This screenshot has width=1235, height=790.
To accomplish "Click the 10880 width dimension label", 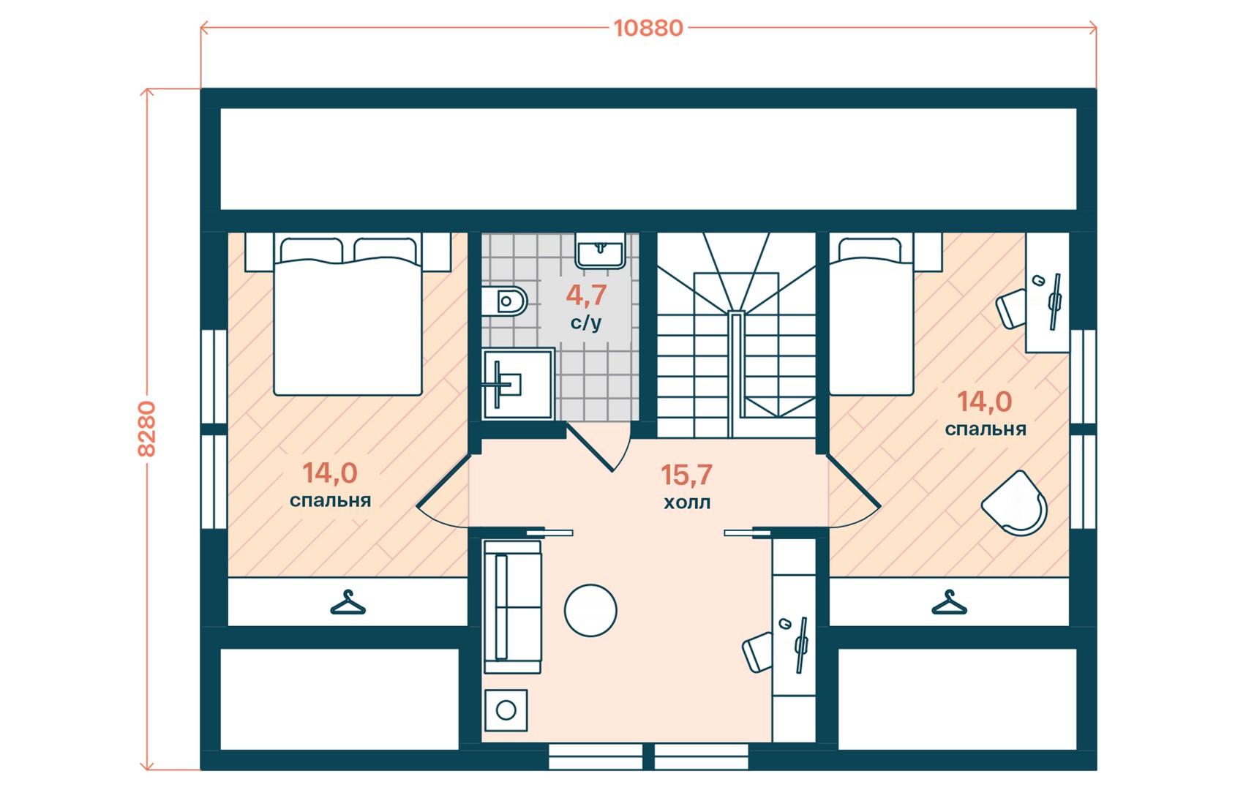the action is click(x=648, y=28).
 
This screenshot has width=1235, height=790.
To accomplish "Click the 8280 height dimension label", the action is click(x=146, y=429).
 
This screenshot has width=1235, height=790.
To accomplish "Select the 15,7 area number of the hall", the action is click(x=686, y=475).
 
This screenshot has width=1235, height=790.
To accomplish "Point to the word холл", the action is click(x=687, y=503).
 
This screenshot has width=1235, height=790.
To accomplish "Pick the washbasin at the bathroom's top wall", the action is click(x=600, y=251).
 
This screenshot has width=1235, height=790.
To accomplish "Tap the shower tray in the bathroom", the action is click(x=518, y=384).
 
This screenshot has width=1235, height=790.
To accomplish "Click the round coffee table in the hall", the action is click(x=590, y=610).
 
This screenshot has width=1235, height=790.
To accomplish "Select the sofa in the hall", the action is click(x=512, y=606).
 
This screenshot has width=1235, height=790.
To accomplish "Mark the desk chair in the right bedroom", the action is click(x=1010, y=310).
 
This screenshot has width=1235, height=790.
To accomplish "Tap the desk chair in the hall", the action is click(x=758, y=652).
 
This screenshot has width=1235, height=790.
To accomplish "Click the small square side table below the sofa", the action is click(x=506, y=710).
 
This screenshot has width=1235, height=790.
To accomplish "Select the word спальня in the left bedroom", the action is click(x=330, y=500).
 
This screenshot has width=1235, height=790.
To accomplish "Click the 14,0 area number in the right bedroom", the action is click(x=985, y=402).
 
